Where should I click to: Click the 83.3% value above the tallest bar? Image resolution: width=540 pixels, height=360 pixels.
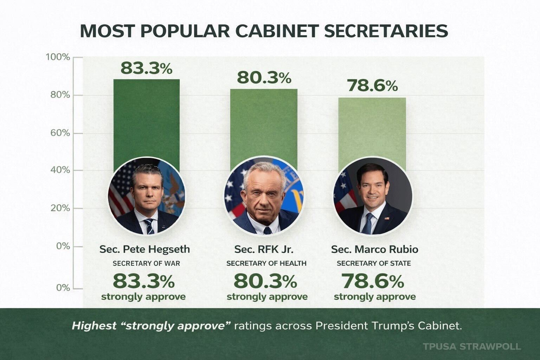146,68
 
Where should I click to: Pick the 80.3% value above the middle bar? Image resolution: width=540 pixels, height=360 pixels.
264,78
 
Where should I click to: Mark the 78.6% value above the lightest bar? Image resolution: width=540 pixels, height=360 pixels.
372,85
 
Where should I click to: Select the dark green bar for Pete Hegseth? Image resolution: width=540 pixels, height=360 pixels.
146,120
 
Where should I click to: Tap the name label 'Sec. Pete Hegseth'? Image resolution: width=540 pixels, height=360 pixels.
144,249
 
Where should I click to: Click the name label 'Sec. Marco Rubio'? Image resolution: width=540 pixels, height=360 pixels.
374,249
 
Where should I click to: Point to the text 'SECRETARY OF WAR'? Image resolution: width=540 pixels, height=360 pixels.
146,263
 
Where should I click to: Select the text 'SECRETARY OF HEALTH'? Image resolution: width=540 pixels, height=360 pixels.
266,263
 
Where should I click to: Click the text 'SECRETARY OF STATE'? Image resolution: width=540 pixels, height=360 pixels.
374,263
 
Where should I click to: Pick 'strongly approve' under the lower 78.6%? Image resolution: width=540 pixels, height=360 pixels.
374,297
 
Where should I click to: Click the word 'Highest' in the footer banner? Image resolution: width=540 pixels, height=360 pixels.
94,326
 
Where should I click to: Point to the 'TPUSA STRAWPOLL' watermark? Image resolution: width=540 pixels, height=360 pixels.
471,346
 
